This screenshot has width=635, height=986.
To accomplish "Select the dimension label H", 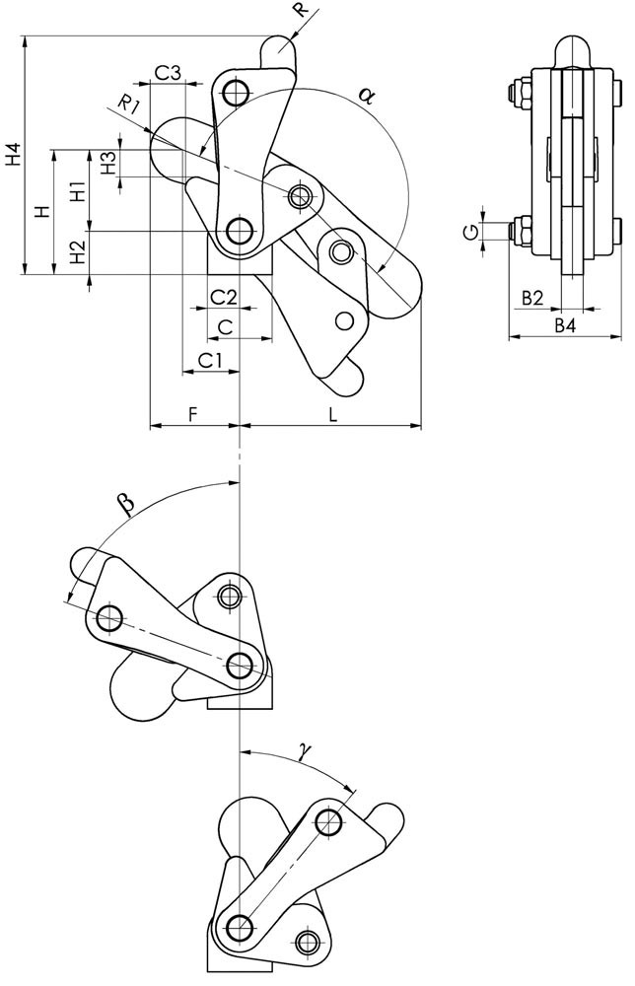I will click(40, 212).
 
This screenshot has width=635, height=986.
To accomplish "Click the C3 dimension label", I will click(168, 72).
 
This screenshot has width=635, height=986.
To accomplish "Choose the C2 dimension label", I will click(223, 296).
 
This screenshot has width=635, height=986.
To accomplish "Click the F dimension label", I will click(193, 415).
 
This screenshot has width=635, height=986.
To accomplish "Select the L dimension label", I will click(333, 415).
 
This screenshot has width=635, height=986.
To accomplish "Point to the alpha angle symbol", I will click(366, 96).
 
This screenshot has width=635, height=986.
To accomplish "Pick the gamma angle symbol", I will click(306, 752).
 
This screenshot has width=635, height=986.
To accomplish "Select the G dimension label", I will click(473, 231).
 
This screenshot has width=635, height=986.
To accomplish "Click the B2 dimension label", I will click(533, 298).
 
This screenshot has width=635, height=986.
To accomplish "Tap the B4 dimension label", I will click(564, 325).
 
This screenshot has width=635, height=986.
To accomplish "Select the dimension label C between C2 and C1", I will click(225, 325).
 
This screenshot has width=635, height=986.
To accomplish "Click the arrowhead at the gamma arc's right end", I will click(350, 786).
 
